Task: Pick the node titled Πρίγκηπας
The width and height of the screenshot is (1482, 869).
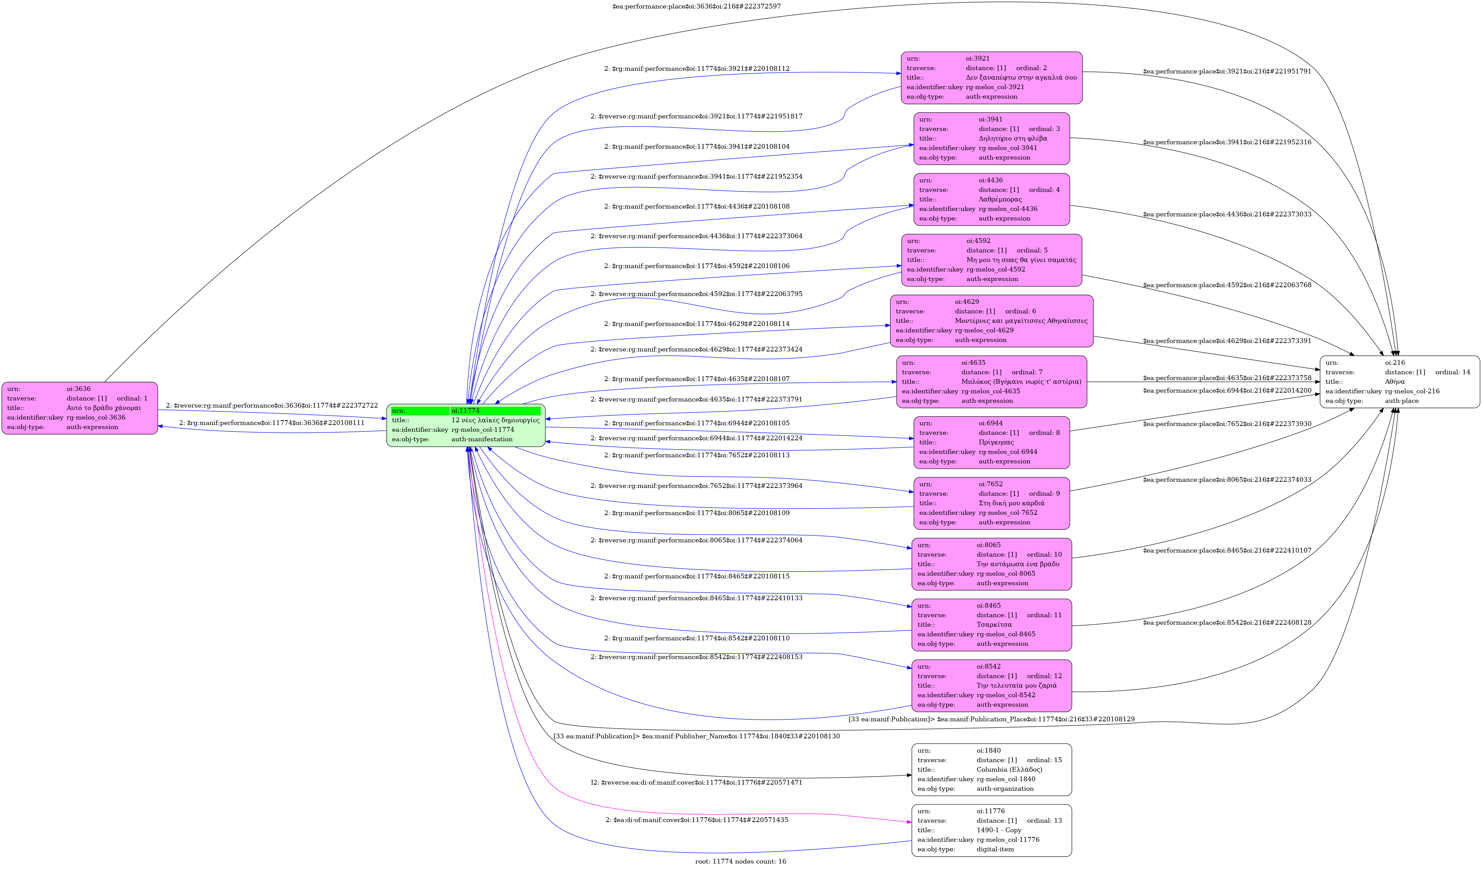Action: point(991,442)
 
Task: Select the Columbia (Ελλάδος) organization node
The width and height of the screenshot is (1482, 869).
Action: point(991,770)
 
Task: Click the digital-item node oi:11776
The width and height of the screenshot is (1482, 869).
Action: point(991,830)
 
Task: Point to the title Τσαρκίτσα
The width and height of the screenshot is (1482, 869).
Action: point(994,625)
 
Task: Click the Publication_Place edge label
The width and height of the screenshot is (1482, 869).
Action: point(991,719)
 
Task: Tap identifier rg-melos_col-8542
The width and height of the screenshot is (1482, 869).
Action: point(1006,695)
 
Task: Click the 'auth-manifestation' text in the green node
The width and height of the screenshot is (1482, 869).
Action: point(482,439)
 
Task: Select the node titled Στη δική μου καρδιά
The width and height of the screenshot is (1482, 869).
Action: point(991,503)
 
